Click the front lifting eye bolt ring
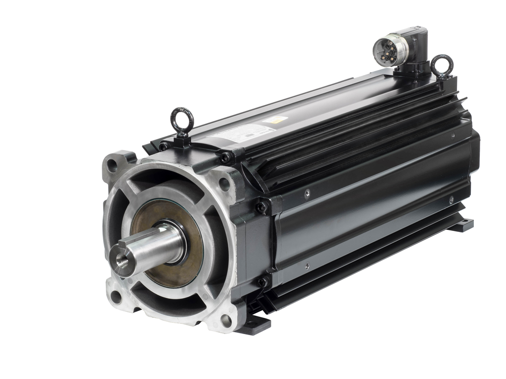(x=182, y=118)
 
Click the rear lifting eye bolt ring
(x=441, y=64)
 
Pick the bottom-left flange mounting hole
(x=116, y=296)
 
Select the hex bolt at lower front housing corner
(x=261, y=282)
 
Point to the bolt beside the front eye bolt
(x=163, y=147)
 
